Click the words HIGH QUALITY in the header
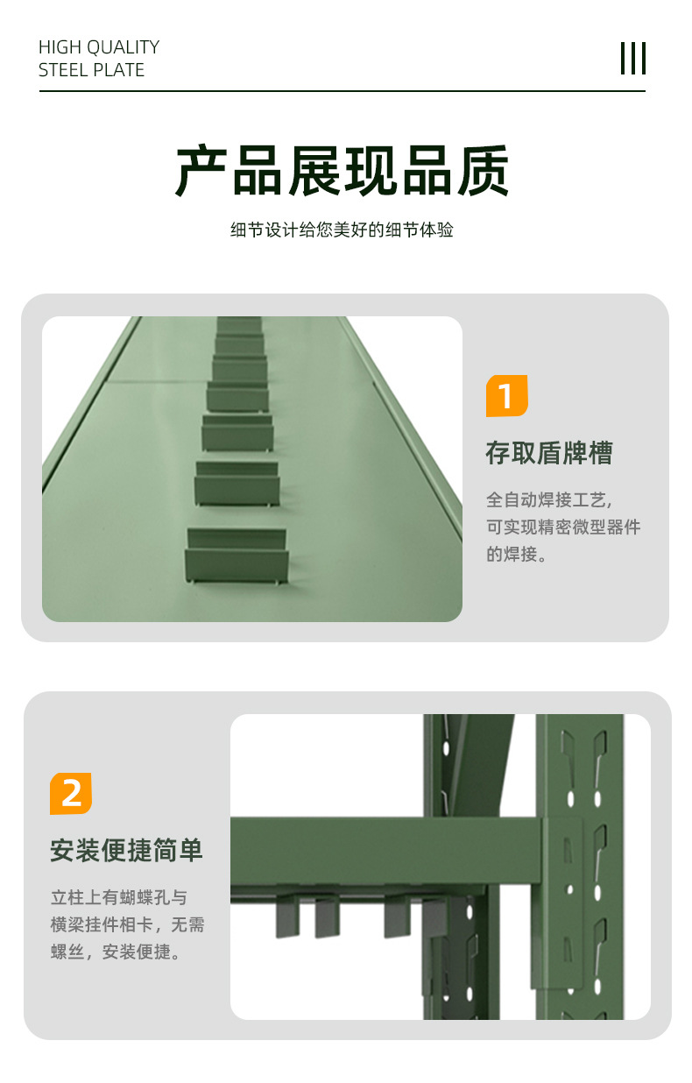pyautogui.click(x=99, y=47)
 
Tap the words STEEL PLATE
pyautogui.click(x=91, y=70)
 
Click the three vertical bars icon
pyautogui.click(x=633, y=58)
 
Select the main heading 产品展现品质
pyautogui.click(x=342, y=171)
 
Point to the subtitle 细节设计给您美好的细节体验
pyautogui.click(x=342, y=230)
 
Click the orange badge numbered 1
pyautogui.click(x=506, y=395)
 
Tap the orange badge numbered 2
pyautogui.click(x=71, y=793)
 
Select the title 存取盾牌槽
pyautogui.click(x=549, y=453)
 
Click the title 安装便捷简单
pyautogui.click(x=126, y=851)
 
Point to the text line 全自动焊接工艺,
pyautogui.click(x=549, y=500)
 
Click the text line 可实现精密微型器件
pyautogui.click(x=563, y=527)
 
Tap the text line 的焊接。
pyautogui.click(x=516, y=554)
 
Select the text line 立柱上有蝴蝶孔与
pyautogui.click(x=119, y=897)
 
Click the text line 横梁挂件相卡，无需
pyautogui.click(x=128, y=924)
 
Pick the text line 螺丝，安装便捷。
pyautogui.click(x=116, y=952)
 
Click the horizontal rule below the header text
pyautogui.click(x=342, y=90)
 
